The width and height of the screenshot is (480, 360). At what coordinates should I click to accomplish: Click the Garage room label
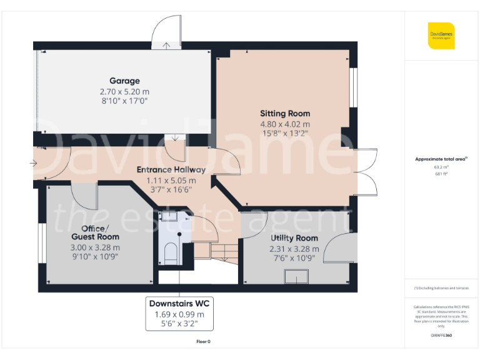(124, 81)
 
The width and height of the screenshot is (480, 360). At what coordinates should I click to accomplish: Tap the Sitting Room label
(285, 113)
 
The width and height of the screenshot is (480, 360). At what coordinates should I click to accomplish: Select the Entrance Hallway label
(171, 169)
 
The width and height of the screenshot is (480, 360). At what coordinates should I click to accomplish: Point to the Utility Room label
(294, 238)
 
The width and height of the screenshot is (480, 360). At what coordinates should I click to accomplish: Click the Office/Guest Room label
(95, 232)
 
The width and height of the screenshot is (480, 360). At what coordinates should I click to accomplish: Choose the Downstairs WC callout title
(179, 303)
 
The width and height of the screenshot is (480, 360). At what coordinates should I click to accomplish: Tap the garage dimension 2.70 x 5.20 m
(124, 91)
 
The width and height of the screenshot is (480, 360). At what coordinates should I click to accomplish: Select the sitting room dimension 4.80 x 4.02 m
(285, 124)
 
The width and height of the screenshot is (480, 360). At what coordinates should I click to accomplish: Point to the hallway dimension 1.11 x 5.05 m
(171, 180)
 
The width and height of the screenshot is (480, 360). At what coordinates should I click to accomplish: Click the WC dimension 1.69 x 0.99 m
(179, 314)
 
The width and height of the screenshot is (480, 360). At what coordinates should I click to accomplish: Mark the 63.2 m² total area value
(441, 167)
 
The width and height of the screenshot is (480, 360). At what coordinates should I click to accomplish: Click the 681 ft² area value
(441, 174)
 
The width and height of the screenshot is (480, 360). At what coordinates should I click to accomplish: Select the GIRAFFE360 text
(441, 336)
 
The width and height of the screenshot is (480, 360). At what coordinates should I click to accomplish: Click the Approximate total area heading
(441, 159)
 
